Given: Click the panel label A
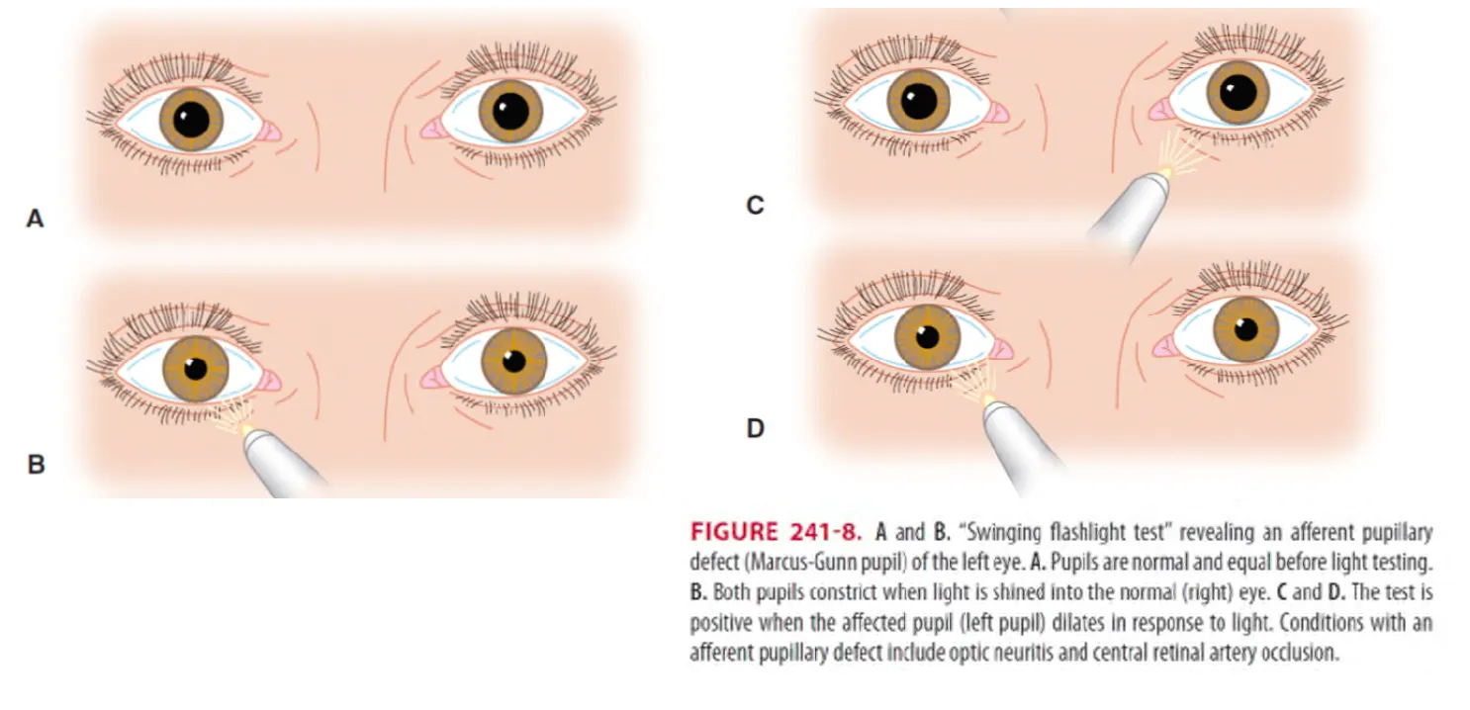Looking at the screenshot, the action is [35, 220].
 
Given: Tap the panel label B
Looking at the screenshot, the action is [36, 463].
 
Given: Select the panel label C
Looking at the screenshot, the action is [755, 207].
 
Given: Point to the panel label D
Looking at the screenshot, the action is [755, 429].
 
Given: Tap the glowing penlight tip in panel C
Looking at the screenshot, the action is [1171, 172].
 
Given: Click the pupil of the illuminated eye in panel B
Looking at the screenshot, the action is [196, 368].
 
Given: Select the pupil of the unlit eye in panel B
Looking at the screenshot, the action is [513, 360].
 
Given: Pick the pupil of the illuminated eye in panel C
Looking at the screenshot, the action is [1238, 92].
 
